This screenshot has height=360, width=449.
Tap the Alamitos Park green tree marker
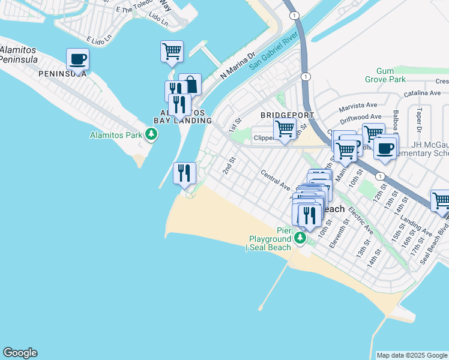tap(152, 134)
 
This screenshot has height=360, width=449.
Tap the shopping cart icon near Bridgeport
tap(285, 128)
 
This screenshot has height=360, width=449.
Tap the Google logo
tap(20, 353)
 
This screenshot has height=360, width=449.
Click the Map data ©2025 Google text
tap(412, 355)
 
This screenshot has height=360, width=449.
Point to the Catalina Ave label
tap(422, 93)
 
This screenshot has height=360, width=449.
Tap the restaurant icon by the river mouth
tap(184, 173)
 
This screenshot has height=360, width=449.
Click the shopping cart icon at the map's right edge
tap(441, 200)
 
